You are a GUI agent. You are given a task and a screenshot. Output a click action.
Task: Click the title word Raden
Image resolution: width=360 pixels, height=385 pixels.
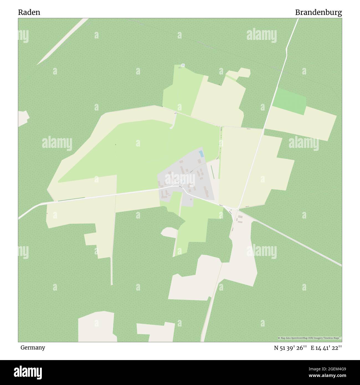[29, 12]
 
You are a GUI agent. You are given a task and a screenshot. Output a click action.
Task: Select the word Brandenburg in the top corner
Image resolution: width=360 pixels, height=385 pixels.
[318, 12]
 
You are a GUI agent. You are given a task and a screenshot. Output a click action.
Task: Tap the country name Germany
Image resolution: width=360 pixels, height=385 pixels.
[33, 347]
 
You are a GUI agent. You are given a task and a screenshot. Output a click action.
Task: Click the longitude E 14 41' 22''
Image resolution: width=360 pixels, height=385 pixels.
[326, 348]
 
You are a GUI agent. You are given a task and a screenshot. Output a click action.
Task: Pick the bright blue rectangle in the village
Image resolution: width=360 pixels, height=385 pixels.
[201, 154]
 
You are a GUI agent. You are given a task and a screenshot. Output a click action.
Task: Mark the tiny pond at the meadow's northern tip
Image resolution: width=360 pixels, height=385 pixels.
[182, 65]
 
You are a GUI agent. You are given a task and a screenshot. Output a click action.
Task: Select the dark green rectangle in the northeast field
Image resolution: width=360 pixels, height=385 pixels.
[290, 101]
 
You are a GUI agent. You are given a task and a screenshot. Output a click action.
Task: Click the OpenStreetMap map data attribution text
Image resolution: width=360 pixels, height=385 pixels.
[310, 338]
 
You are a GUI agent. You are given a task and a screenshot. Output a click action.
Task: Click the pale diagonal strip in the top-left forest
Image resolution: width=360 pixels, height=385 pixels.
[62, 42]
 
